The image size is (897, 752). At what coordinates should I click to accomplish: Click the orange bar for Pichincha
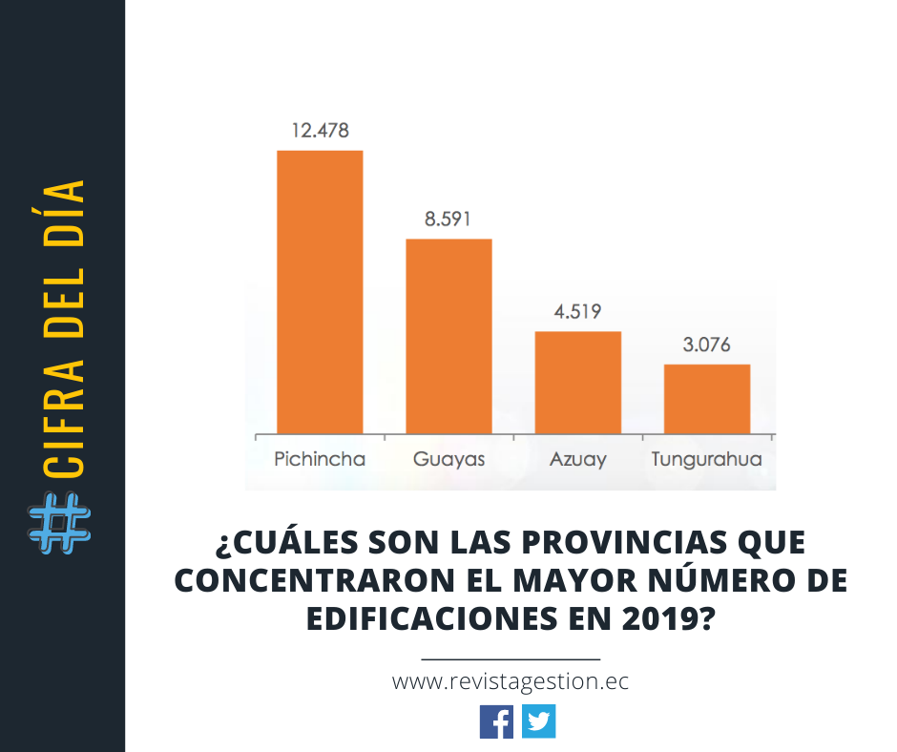(x=320, y=291)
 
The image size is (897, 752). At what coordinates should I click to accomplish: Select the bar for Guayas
(x=448, y=336)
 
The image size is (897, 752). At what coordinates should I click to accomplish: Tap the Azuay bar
(x=577, y=382)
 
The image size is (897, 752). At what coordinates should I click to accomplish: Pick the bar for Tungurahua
(x=707, y=398)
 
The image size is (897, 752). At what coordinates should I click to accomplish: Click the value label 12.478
(x=320, y=131)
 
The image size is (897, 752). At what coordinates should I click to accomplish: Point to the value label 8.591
(x=448, y=219)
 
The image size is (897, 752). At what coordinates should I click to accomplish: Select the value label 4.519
(x=577, y=311)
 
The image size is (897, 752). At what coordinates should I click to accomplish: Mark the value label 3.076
(x=707, y=345)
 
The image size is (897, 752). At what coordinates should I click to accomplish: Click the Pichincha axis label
(x=320, y=459)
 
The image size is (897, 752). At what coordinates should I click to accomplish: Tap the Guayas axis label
(x=448, y=459)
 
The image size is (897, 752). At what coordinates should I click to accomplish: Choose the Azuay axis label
(x=577, y=459)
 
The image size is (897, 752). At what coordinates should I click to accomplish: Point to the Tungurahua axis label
(x=707, y=459)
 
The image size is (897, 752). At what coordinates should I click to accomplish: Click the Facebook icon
(x=496, y=721)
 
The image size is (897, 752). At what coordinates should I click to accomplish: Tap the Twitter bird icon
(x=538, y=721)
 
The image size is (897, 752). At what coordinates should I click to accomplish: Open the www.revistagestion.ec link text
(x=511, y=682)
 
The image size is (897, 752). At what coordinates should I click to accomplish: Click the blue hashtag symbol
(x=60, y=526)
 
